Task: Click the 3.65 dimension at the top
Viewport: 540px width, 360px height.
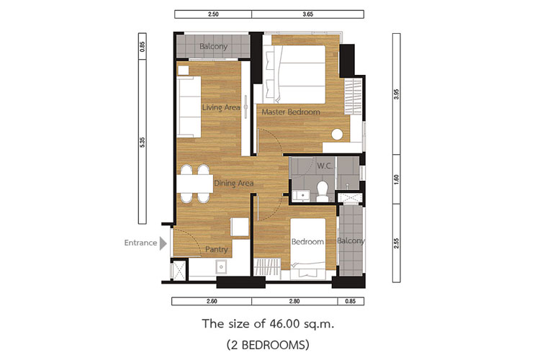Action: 307,14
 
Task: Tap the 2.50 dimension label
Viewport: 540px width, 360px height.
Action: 213,14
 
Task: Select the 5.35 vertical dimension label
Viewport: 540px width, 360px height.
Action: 143,143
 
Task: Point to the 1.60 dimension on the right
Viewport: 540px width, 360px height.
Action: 397,179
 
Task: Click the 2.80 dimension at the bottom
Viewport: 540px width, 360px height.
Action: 294,301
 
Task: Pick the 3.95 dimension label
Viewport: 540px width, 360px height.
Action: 397,94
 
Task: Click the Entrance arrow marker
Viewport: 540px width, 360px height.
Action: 163,243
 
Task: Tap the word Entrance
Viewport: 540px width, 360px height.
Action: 140,243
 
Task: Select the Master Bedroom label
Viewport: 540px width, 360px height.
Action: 291,112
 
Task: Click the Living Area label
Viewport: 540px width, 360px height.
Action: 221,107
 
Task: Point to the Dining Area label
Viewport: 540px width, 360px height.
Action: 234,184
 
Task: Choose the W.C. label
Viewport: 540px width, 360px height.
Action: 325,166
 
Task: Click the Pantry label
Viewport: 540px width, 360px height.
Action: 216,249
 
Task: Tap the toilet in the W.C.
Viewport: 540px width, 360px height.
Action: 323,192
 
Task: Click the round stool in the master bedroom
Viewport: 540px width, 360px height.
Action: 337,135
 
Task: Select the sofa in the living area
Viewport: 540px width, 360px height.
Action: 189,107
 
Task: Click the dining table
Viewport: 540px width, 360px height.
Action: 195,184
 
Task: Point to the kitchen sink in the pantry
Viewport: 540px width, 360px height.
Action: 221,266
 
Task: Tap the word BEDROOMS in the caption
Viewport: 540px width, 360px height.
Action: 272,344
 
